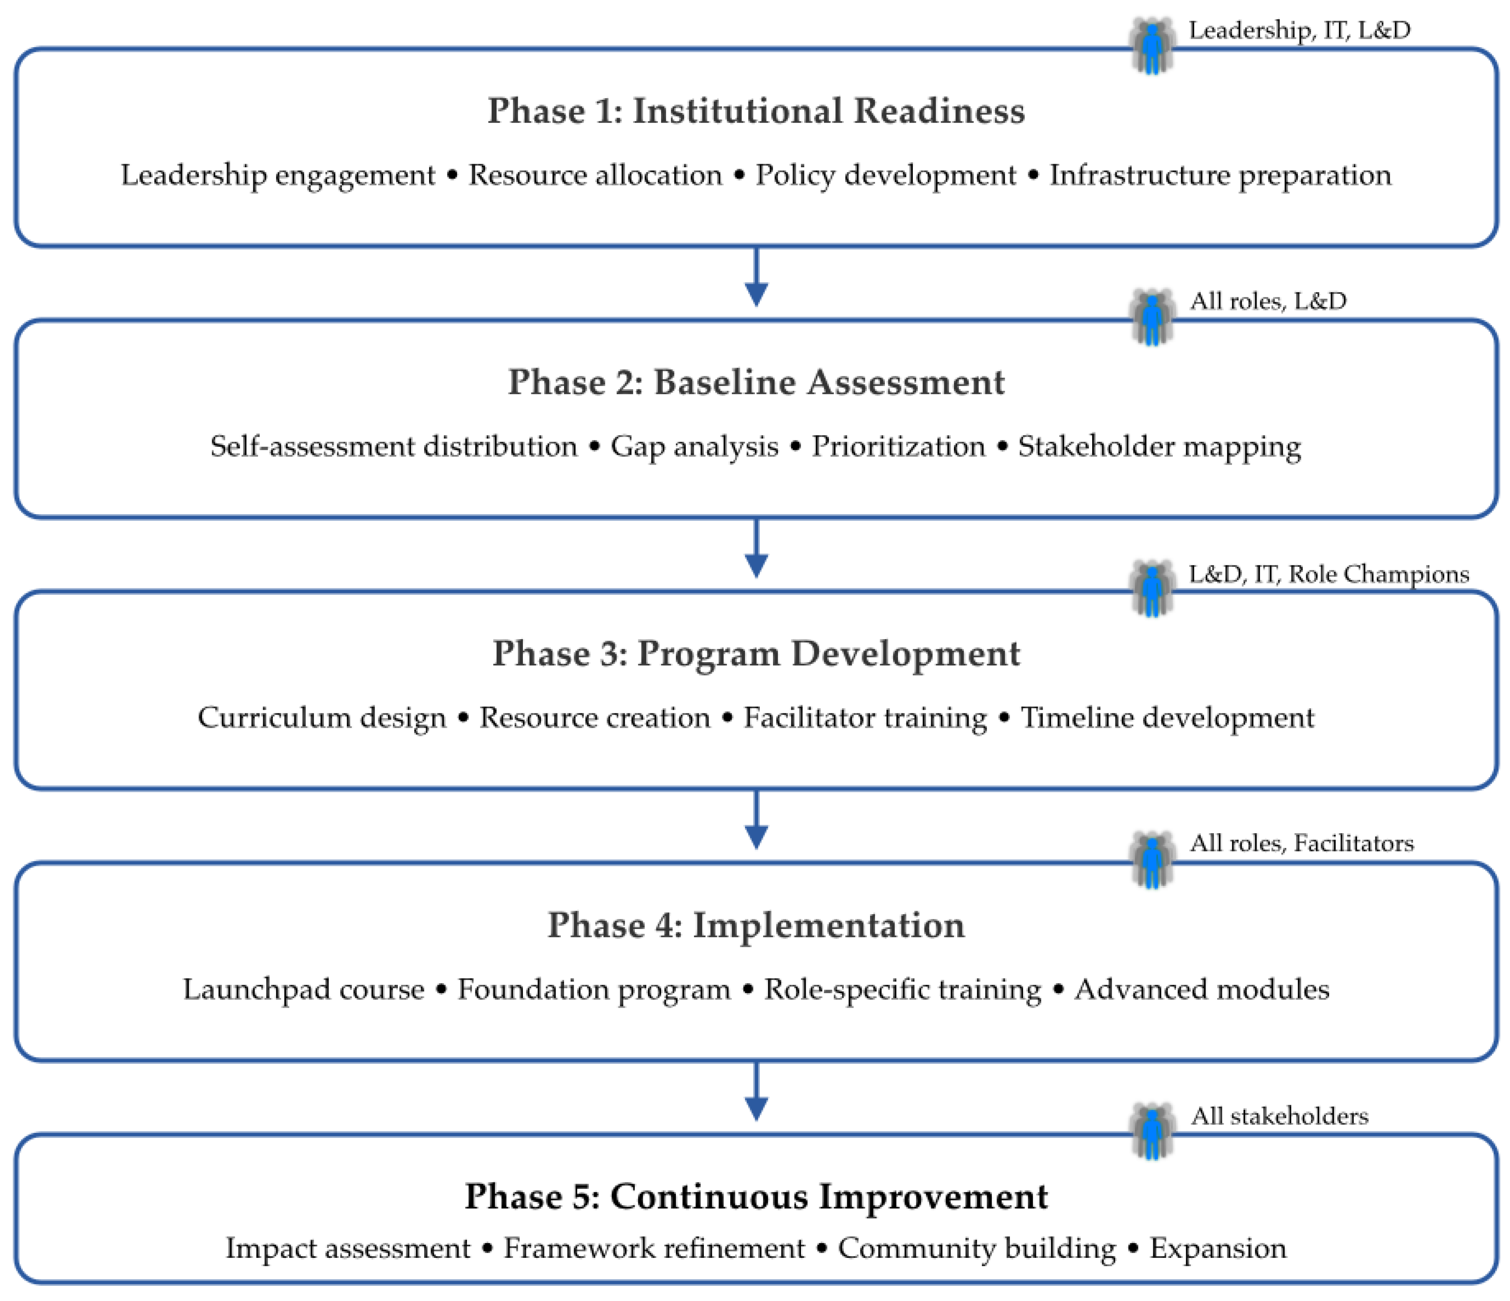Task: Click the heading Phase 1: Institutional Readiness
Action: [x=756, y=111]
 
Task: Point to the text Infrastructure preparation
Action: [x=1220, y=176]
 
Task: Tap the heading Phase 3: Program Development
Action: [x=756, y=653]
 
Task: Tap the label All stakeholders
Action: [x=1279, y=1116]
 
